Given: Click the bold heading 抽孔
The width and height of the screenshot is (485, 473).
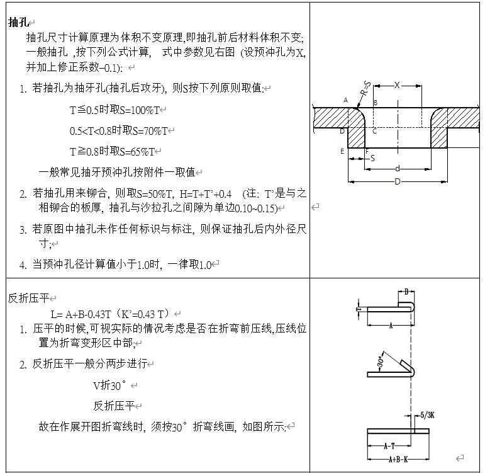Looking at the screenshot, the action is (18, 22).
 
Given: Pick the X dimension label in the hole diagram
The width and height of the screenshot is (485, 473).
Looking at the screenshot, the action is (397, 85).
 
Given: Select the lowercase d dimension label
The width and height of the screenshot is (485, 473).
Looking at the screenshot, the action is (397, 168).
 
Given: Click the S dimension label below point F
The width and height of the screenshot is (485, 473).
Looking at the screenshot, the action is (372, 158).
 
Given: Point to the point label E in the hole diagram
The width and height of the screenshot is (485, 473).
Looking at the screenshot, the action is (342, 151).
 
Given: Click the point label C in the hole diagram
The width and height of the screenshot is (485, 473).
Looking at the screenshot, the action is (374, 130).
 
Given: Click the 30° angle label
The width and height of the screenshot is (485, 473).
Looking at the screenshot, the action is (380, 362).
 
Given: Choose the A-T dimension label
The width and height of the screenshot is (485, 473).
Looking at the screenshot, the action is (389, 446).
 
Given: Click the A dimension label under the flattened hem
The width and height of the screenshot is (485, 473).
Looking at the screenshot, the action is (391, 326).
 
